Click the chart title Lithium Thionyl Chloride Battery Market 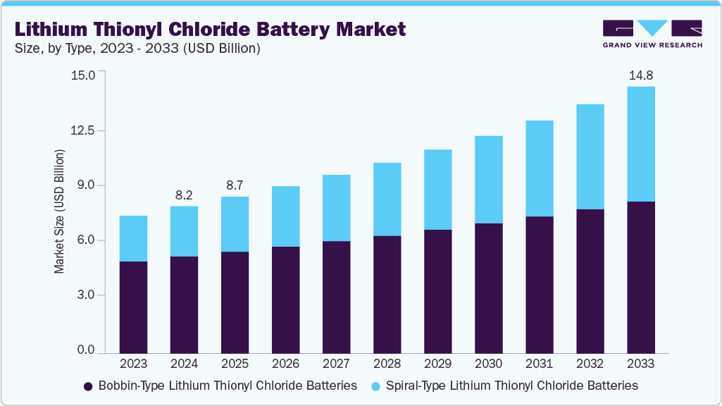pos(210,29)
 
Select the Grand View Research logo pos(652,34)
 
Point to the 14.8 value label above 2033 pos(640,75)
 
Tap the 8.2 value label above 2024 pos(184,195)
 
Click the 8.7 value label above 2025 pos(235,185)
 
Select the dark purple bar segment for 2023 pos(133,307)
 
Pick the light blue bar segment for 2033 pos(640,144)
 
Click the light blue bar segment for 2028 pos(387,199)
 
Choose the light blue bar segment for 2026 pos(285,216)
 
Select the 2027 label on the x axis pos(336,364)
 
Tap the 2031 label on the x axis pos(539,364)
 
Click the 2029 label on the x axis pos(437,364)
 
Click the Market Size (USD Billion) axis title pos(60,211)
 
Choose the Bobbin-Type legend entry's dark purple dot pos(88,386)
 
